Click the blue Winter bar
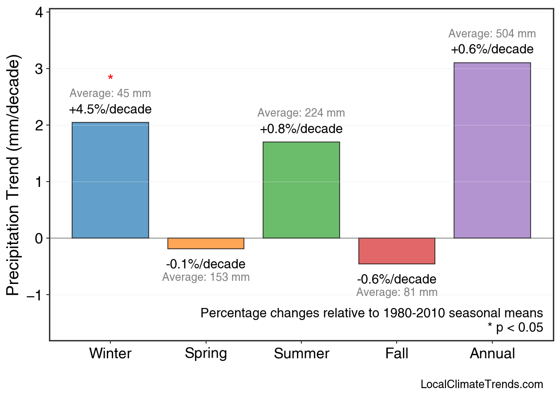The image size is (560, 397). coord(110,180)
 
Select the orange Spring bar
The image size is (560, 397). coord(206,243)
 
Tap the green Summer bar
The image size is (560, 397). coord(301,190)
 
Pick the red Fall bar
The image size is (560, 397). coord(397,251)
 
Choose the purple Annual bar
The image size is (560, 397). coord(492,150)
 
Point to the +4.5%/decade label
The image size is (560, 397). coord(110,109)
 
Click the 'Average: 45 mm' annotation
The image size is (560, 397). coord(110,94)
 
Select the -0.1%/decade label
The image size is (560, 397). coord(206,264)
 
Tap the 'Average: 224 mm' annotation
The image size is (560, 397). coord(301,113)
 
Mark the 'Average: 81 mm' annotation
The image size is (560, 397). coord(397,292)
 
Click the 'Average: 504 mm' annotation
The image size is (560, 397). coord(492,34)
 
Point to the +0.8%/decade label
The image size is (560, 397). coord(301,129)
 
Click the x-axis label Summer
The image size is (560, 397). coord(301,354)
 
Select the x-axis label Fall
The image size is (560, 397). coord(397,354)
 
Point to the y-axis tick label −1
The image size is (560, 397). coord(37,295)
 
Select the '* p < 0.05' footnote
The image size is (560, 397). coord(515,328)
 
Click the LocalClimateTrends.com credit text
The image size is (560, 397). coord(482,385)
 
